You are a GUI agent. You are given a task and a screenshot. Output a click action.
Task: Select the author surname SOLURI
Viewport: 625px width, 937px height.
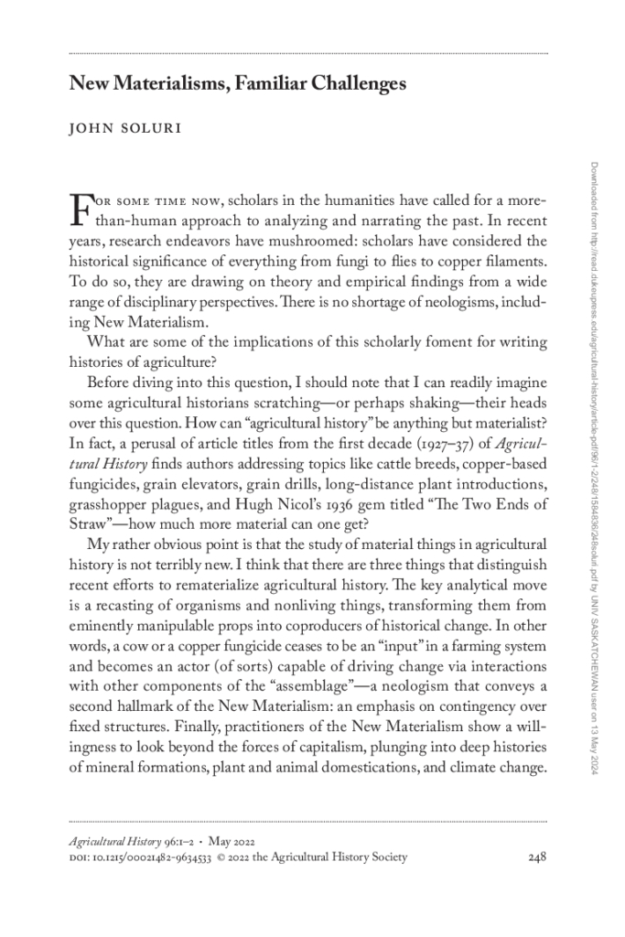click(147, 129)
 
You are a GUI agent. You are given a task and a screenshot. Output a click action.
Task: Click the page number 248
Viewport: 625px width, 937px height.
click(537, 857)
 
